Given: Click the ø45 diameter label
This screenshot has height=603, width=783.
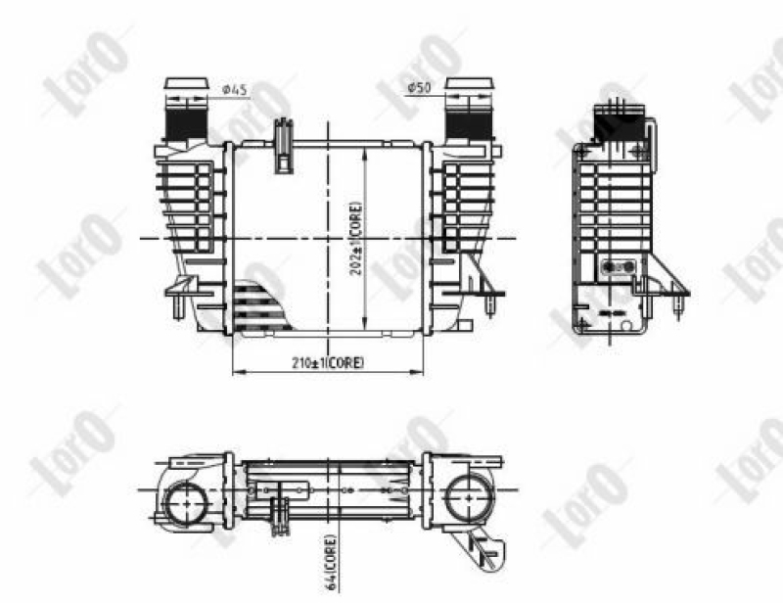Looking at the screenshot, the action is pyautogui.click(x=234, y=90).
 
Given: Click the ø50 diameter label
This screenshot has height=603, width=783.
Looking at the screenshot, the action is pyautogui.click(x=419, y=88).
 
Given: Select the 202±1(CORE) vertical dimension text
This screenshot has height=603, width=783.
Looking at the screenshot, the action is pyautogui.click(x=356, y=239).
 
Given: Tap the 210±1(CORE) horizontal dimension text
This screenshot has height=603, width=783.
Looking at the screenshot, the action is pyautogui.click(x=328, y=363).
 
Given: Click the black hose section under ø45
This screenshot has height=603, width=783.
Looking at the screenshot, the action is pyautogui.click(x=185, y=123).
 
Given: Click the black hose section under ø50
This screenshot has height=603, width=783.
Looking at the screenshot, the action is pyautogui.click(x=469, y=125).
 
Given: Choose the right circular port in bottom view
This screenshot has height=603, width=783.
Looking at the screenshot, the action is pyautogui.click(x=468, y=497).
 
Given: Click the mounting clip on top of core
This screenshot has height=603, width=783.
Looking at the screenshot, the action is pyautogui.click(x=283, y=146).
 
